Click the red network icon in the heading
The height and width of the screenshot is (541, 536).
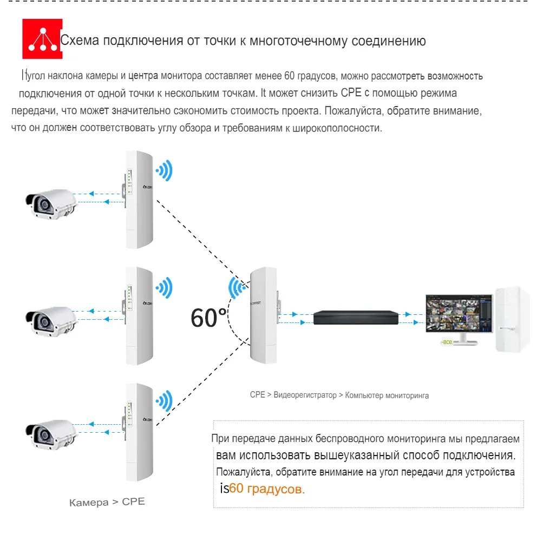click(x=42, y=39)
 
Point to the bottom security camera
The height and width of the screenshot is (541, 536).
click(x=51, y=436)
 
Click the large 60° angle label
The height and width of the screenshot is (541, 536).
click(x=208, y=318)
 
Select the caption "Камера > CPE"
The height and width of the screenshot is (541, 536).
click(x=107, y=502)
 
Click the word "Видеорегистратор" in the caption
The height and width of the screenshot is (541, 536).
click(x=305, y=395)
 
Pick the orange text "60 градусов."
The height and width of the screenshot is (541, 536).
click(x=267, y=489)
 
